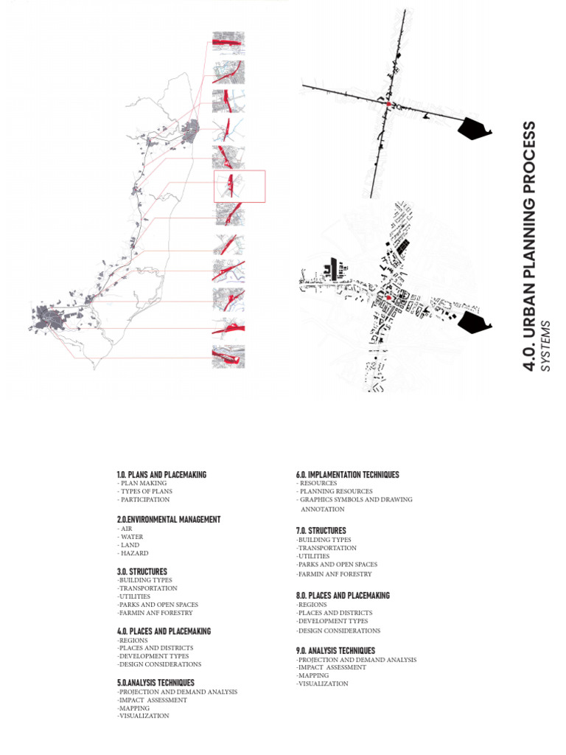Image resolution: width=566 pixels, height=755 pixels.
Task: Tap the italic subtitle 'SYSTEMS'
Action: click(x=546, y=345)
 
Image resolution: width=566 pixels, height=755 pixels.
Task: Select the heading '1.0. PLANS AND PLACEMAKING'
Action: click(x=161, y=475)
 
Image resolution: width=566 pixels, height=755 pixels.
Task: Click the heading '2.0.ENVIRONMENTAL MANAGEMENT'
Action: click(x=168, y=520)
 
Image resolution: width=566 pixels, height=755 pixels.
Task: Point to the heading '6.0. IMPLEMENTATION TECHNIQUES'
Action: click(x=347, y=475)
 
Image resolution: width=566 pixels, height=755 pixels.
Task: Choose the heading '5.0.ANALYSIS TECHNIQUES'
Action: click(x=156, y=683)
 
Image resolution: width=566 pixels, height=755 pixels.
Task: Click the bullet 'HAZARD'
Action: click(x=133, y=553)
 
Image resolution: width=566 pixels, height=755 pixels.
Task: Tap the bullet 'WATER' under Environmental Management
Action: click(x=133, y=537)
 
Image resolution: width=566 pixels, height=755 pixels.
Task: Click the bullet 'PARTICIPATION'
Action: click(x=144, y=499)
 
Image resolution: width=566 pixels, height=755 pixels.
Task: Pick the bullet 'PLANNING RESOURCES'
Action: click(x=335, y=491)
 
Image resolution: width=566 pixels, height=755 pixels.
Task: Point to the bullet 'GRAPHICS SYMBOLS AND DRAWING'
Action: click(x=355, y=500)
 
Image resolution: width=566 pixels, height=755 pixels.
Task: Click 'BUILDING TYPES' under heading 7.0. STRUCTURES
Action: click(x=324, y=540)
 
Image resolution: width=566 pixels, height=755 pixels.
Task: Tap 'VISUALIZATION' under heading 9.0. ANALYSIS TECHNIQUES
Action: click(x=323, y=684)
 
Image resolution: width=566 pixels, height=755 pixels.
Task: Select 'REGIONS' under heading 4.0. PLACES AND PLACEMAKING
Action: click(x=133, y=640)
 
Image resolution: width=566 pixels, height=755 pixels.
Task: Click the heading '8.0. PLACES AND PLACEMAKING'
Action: click(x=343, y=596)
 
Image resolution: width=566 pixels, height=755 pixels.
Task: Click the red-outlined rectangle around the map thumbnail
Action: click(x=240, y=186)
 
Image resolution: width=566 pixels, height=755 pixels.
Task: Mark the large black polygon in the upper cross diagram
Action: click(x=473, y=130)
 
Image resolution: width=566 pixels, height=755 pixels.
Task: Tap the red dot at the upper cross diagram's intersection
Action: click(x=388, y=105)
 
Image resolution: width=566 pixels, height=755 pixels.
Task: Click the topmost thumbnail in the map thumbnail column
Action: click(x=228, y=42)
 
